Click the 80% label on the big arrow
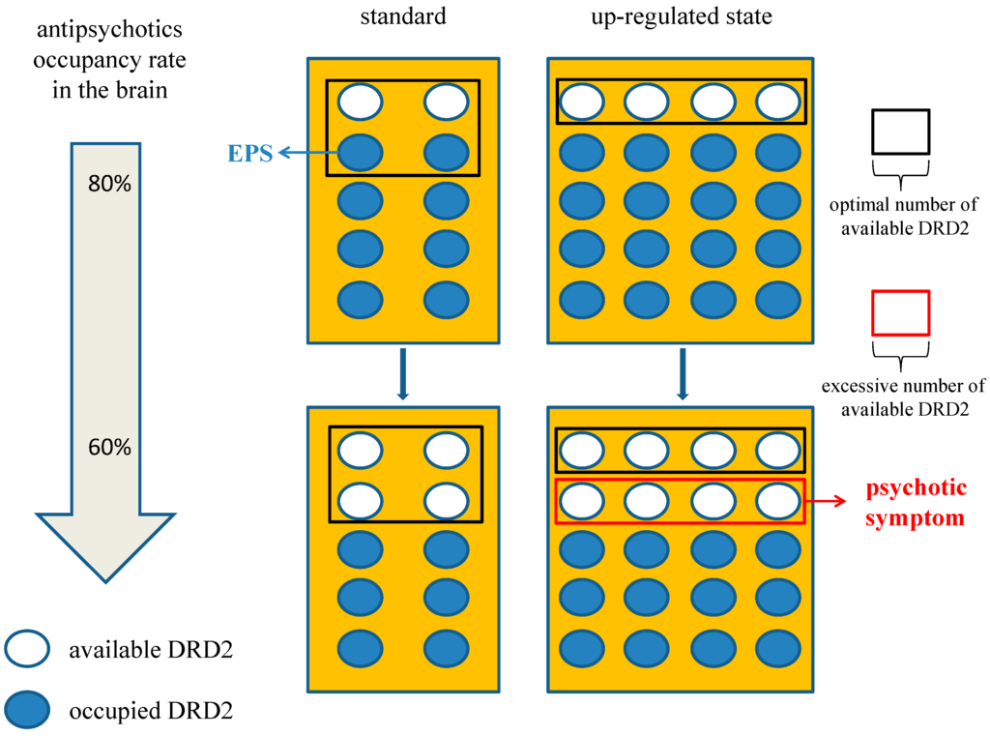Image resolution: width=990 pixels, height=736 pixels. tap(109, 184)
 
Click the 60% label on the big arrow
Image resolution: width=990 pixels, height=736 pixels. tap(109, 448)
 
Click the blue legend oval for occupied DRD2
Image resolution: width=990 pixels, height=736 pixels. tap(33, 711)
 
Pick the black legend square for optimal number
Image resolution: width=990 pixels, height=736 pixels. tap(900, 132)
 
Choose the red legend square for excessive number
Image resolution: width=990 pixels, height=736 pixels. tap(900, 312)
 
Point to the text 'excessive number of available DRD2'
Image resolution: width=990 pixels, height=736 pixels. tap(904, 397)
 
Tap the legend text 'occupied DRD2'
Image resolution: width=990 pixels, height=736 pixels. tap(150, 712)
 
